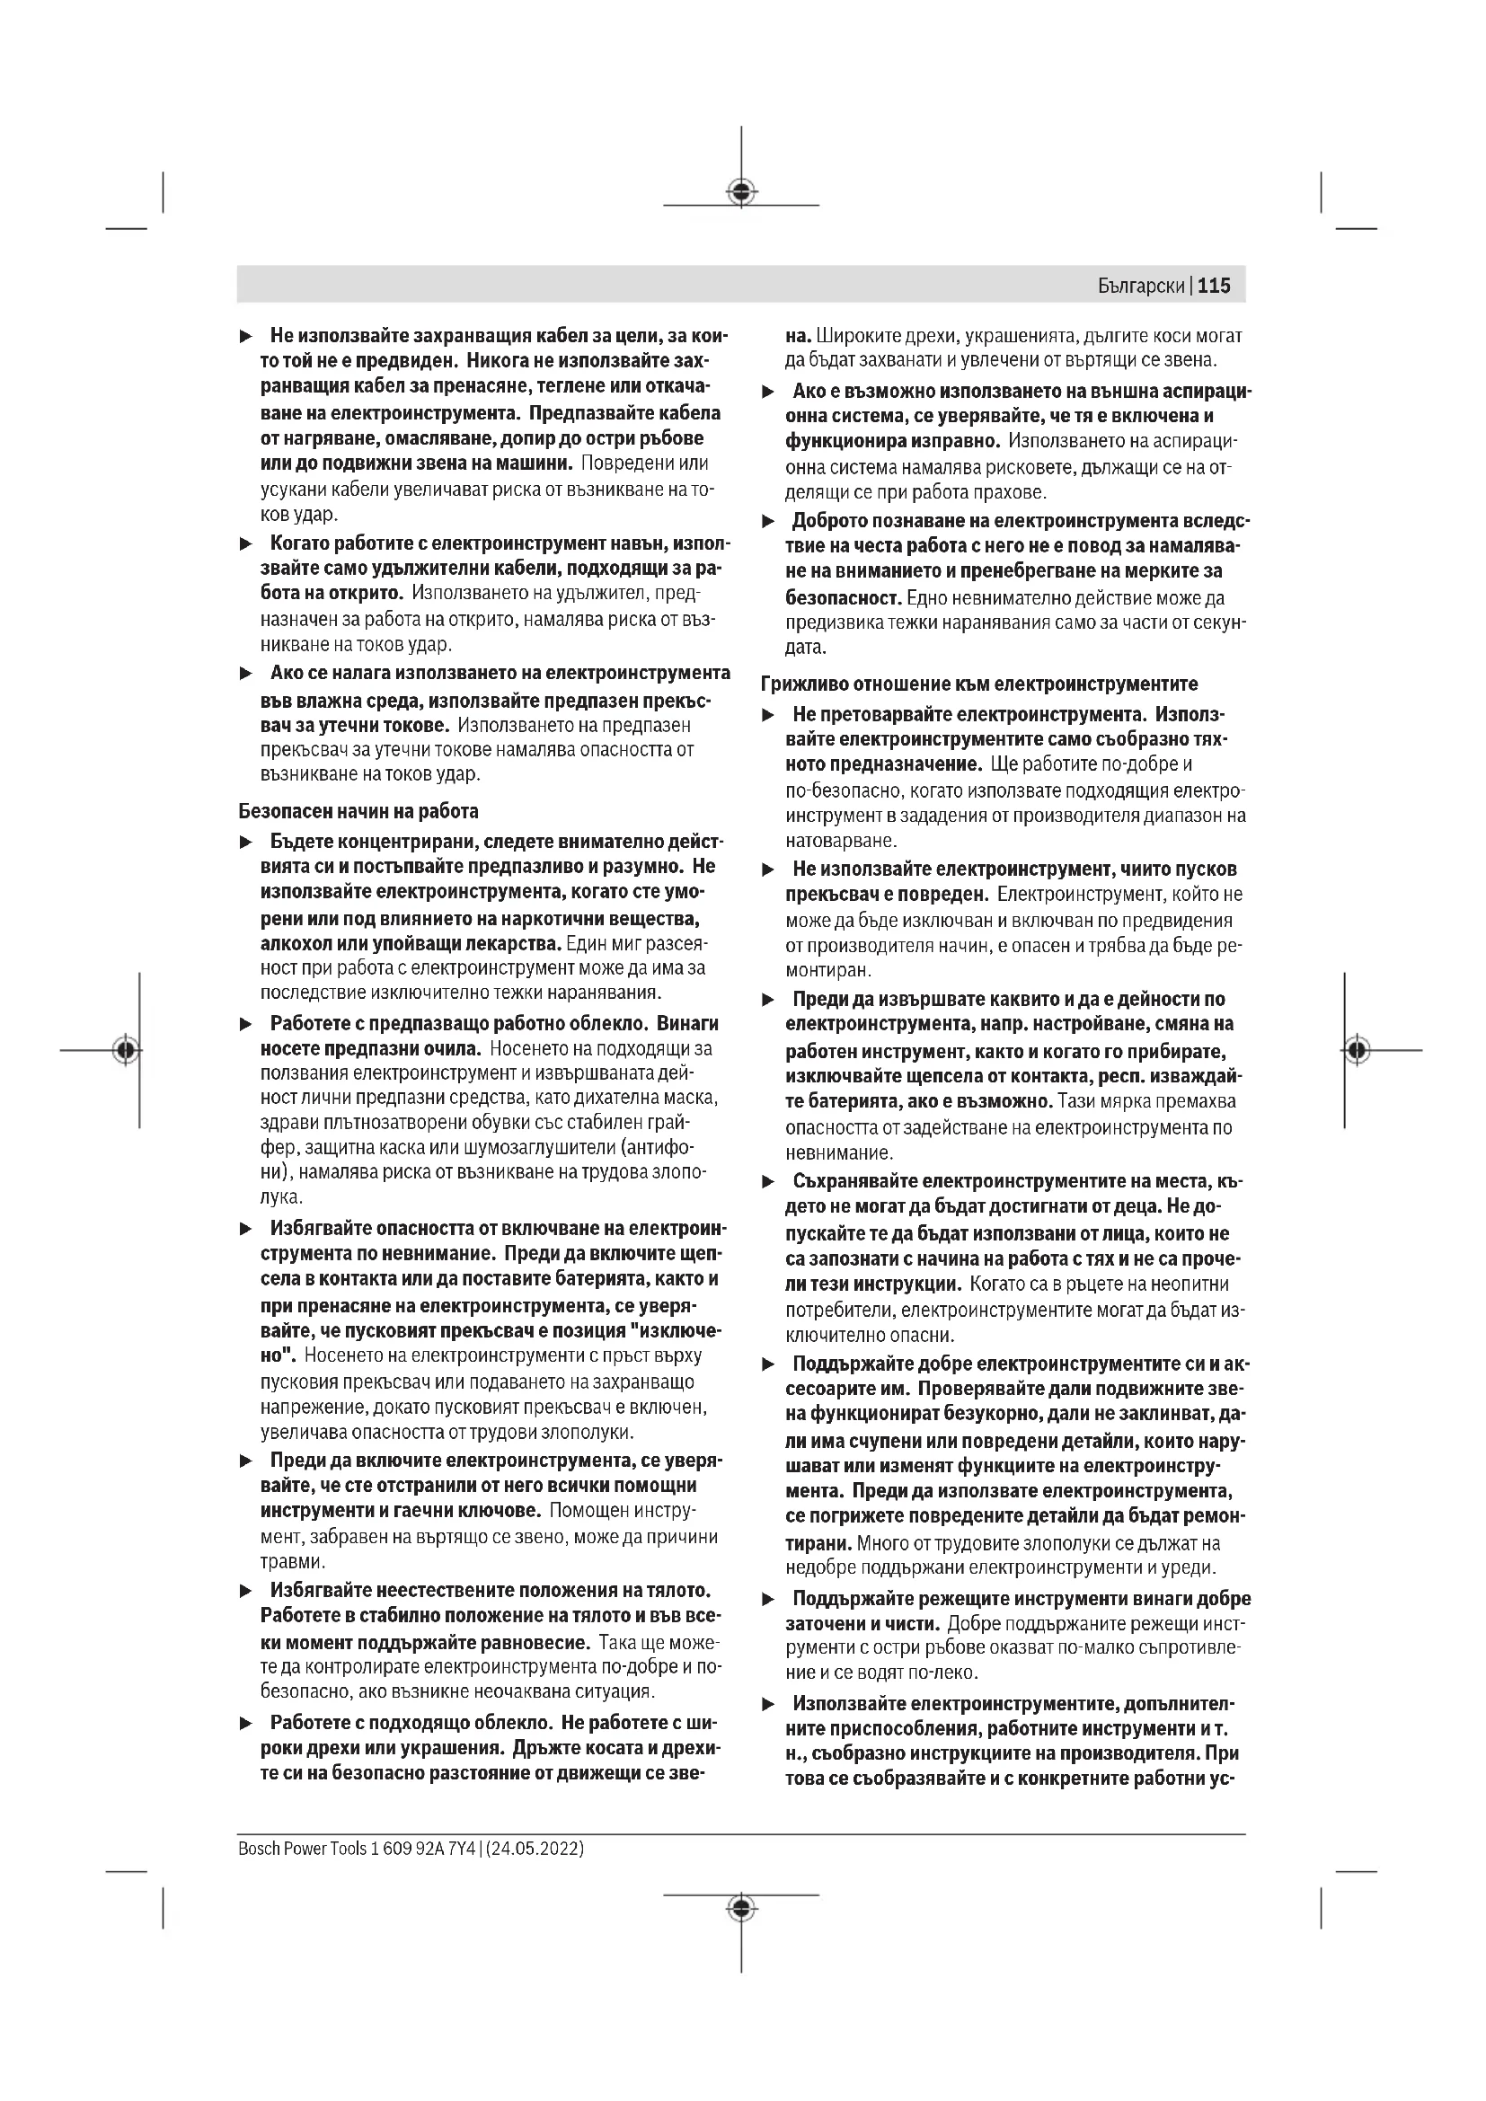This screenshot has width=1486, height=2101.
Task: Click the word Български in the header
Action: (x=1141, y=287)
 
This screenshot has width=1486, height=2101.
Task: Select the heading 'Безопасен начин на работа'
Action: (x=358, y=811)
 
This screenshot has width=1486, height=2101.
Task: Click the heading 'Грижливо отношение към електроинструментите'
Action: (x=979, y=684)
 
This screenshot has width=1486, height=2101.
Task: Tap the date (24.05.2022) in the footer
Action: (x=535, y=1848)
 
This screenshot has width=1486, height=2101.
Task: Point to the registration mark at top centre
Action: (x=741, y=191)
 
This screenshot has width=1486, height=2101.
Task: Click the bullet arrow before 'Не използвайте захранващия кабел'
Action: (x=245, y=337)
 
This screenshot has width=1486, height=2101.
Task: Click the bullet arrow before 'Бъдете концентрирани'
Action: (x=245, y=842)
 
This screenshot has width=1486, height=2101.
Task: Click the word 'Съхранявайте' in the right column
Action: (x=854, y=1181)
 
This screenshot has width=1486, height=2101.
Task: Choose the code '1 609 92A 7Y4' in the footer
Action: (x=423, y=1848)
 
